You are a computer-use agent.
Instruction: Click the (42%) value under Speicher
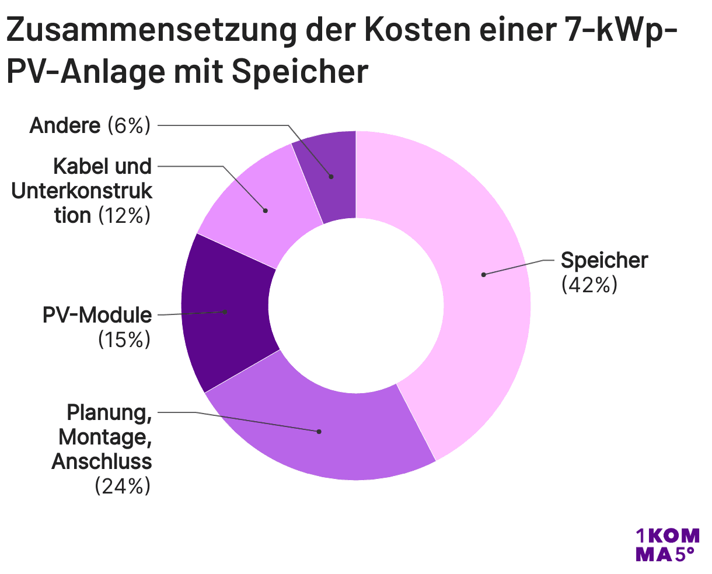(589, 285)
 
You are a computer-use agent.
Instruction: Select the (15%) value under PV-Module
(124, 339)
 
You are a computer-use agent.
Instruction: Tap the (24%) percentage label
(123, 486)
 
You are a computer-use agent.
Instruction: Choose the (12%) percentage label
(124, 216)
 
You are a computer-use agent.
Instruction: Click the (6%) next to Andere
(129, 125)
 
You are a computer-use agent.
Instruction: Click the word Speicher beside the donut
(604, 260)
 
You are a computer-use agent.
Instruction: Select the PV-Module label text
(97, 315)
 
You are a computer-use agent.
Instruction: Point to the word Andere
(65, 125)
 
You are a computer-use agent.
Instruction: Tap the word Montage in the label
(105, 437)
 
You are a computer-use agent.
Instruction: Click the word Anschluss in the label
(102, 461)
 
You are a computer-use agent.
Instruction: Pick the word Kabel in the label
(76, 167)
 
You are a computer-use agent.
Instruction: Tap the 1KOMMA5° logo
(666, 545)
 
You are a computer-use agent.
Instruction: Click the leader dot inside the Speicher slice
(483, 274)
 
